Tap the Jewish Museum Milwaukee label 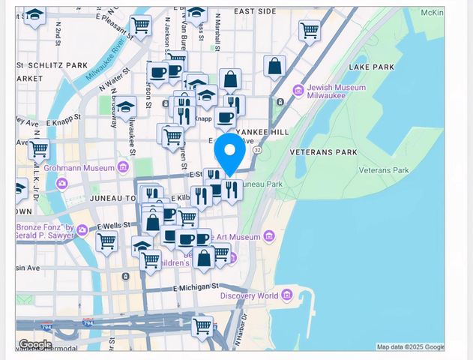[x=337, y=92]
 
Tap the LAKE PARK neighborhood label [x=372, y=67]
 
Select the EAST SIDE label [x=255, y=12]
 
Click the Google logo [x=35, y=344]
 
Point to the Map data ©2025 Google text [x=409, y=346]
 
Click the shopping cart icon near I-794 [x=201, y=326]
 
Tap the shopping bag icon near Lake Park [x=274, y=66]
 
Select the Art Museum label [x=238, y=237]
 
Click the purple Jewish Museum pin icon [x=298, y=91]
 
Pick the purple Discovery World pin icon [x=286, y=295]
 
